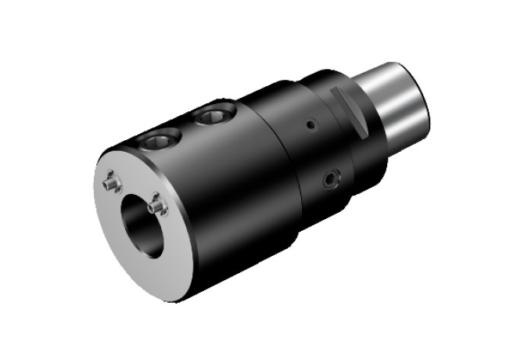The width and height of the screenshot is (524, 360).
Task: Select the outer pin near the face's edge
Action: tap(111, 182)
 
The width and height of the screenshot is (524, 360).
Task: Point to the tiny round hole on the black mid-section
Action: tap(310, 124)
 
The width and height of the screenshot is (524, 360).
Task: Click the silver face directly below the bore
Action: tap(156, 270)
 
